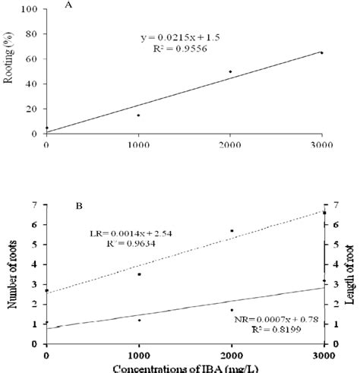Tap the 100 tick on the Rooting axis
click(32, 9)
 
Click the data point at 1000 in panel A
click(138, 115)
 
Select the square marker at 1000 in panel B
click(139, 274)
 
